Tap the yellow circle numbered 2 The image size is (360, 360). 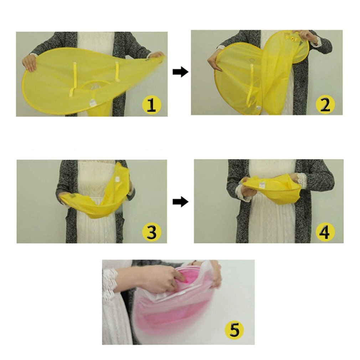[325, 104]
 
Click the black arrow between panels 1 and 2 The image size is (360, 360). [180, 72]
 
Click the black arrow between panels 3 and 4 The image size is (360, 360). [180, 202]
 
